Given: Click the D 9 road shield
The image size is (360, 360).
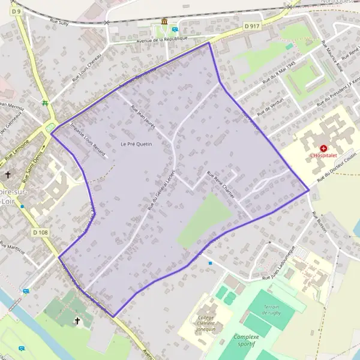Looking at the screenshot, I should pyautogui.click(x=16, y=11).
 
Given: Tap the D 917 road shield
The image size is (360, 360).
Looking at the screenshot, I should pyautogui.click(x=252, y=26).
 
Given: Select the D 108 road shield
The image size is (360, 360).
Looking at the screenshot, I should pyautogui.click(x=40, y=232).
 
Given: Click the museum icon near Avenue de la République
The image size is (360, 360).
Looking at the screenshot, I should pyautogui.click(x=164, y=22).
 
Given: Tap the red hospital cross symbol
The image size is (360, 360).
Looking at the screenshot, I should pyautogui.click(x=324, y=148).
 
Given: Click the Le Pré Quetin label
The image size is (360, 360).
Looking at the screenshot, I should pyautogui.click(x=136, y=144).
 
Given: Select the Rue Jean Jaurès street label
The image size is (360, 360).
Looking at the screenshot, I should pyautogui.click(x=143, y=114).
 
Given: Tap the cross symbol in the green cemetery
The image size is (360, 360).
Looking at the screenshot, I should pyautogui.click(x=77, y=321).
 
